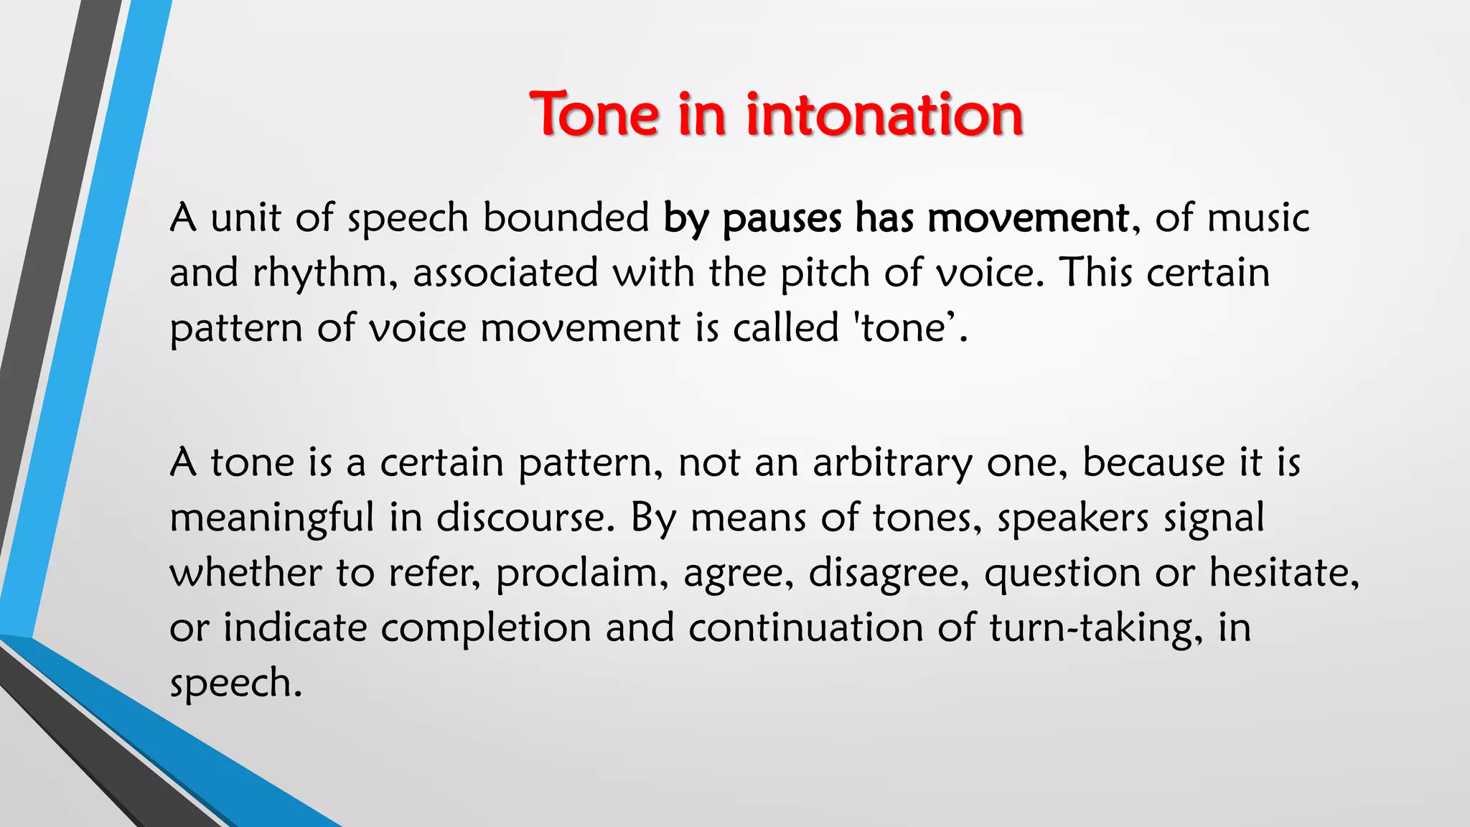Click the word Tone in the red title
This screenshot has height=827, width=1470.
(x=594, y=115)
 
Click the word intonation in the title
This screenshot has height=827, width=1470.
(x=884, y=115)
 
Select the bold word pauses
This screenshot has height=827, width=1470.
(x=782, y=218)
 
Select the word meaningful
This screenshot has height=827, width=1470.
(x=272, y=518)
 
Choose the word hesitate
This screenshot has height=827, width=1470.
(x=1283, y=572)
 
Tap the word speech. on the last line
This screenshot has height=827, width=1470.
(x=235, y=683)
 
